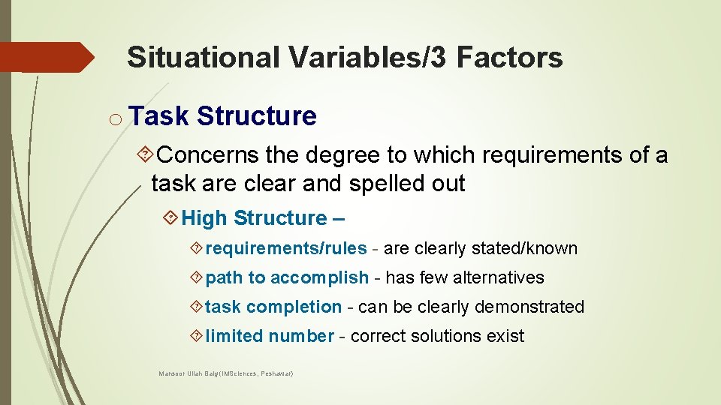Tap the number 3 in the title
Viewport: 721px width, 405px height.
click(437, 57)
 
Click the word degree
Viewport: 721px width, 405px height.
click(341, 155)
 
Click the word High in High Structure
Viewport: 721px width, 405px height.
click(204, 218)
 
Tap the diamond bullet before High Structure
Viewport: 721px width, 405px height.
click(171, 219)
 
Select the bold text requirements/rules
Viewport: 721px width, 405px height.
click(286, 248)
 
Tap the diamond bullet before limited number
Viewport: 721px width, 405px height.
click(196, 336)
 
